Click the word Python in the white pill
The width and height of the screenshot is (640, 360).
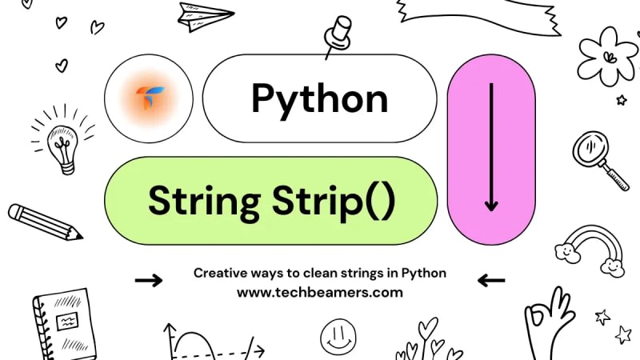(319, 99)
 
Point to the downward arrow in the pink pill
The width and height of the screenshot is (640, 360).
(490, 148)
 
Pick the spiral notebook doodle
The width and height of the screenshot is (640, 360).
(64, 324)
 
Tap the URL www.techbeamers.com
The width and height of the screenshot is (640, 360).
(319, 292)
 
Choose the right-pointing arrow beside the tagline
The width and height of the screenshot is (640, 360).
(149, 280)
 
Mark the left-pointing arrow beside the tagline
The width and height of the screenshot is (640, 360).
(490, 280)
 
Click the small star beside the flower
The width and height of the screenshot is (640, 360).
(621, 100)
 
